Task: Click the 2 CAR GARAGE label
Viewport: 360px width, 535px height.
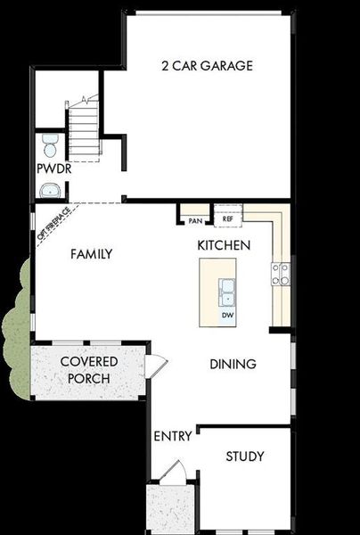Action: pyautogui.click(x=207, y=66)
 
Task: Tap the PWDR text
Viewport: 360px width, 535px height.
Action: pyautogui.click(x=48, y=168)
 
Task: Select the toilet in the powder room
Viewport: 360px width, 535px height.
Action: pyautogui.click(x=49, y=144)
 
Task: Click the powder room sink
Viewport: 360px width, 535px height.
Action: pyautogui.click(x=49, y=189)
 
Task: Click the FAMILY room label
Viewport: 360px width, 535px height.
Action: pyautogui.click(x=91, y=254)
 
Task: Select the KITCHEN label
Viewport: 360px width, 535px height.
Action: pyautogui.click(x=223, y=245)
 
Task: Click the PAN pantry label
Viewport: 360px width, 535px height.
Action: pyautogui.click(x=195, y=219)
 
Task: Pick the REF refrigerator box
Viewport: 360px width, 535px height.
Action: pyautogui.click(x=227, y=218)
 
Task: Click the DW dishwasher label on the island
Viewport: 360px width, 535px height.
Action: pyautogui.click(x=227, y=315)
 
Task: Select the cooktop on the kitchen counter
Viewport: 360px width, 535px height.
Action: pyautogui.click(x=280, y=274)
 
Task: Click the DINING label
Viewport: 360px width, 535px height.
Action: pyautogui.click(x=233, y=364)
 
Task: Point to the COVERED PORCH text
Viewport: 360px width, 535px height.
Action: pyautogui.click(x=86, y=370)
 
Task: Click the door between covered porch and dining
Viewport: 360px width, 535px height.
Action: pyautogui.click(x=155, y=365)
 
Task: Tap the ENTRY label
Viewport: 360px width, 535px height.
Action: pyautogui.click(x=172, y=436)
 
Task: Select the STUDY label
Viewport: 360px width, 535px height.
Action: pyautogui.click(x=244, y=457)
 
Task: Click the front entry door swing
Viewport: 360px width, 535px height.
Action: pyautogui.click(x=176, y=472)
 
